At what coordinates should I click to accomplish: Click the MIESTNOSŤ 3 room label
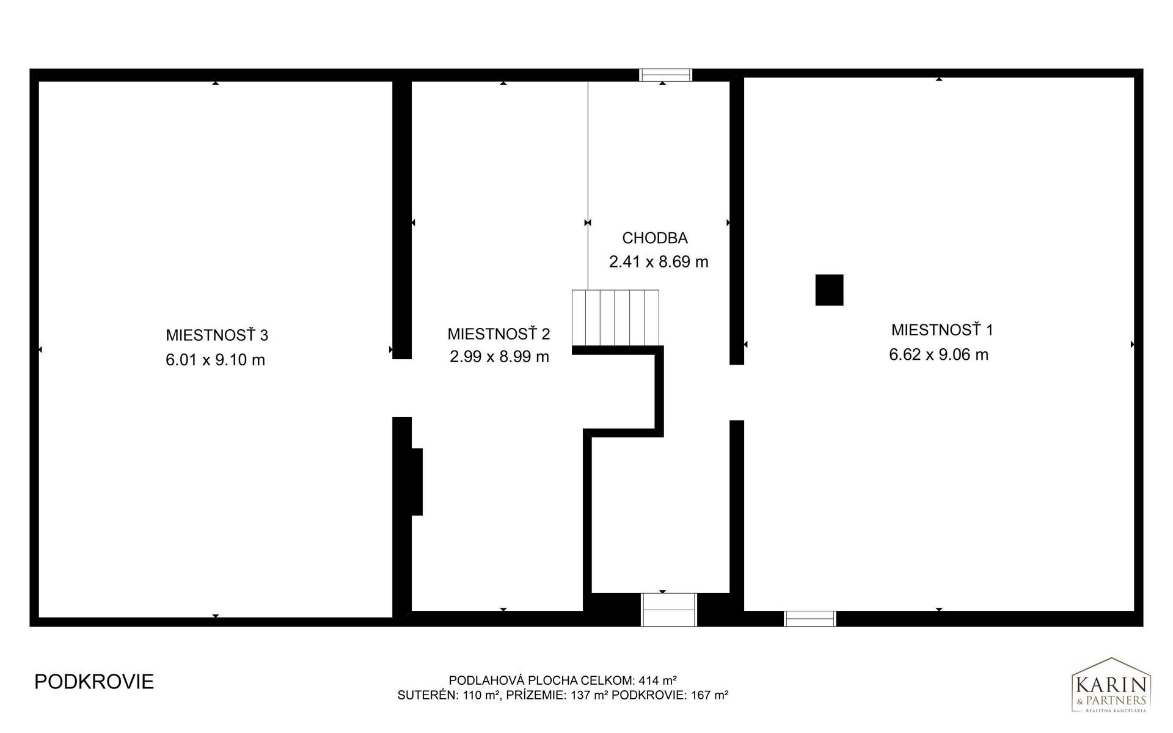coord(217,335)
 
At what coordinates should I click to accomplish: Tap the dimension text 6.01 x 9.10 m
coord(215,360)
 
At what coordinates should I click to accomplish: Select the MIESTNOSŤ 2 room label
coord(499,334)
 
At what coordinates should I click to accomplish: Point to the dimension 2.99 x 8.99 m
coord(499,357)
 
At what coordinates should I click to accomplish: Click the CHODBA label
coord(655,238)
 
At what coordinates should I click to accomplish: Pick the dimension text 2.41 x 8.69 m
coord(659,262)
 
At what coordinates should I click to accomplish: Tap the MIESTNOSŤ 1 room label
coord(942,330)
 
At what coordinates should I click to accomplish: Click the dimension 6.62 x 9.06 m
coord(938,355)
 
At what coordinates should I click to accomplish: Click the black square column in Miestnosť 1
coord(829,290)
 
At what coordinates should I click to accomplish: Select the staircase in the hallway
coord(615,318)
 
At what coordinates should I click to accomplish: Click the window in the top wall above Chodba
coord(665,75)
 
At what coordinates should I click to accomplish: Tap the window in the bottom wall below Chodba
coord(669,610)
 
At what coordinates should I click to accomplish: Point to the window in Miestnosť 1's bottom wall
coord(810,619)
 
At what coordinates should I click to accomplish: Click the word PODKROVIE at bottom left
coord(94,682)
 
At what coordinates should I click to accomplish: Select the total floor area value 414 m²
coord(657,680)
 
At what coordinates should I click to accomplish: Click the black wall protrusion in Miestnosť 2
coord(417,482)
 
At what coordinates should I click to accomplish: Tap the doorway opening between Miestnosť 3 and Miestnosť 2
coord(401,388)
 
